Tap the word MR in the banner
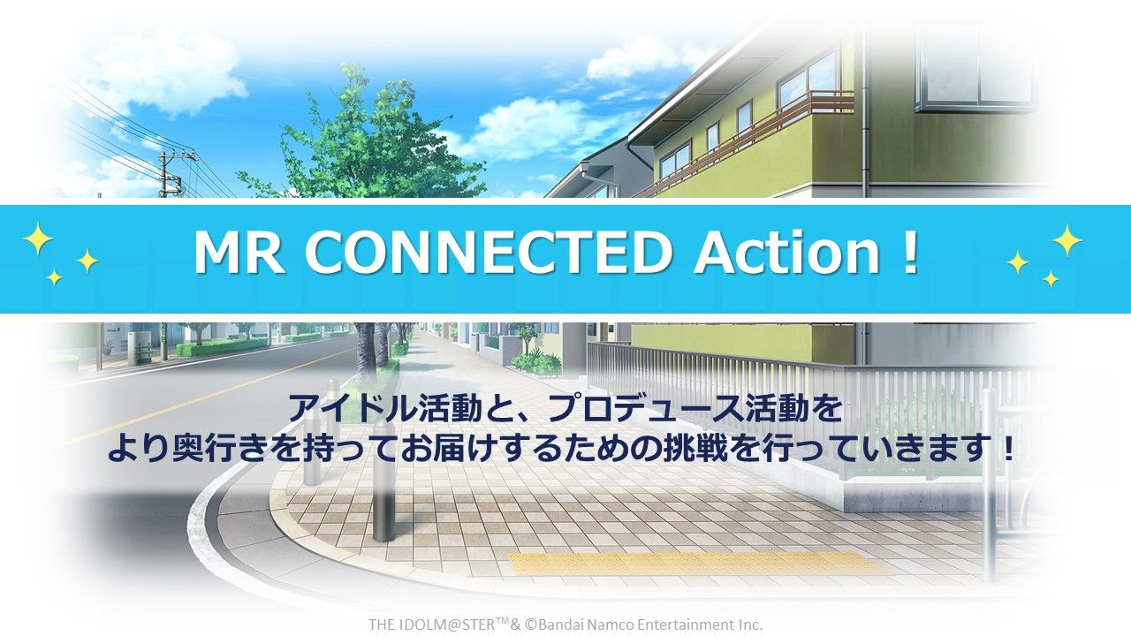[238, 253]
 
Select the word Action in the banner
[787, 253]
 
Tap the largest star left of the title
[38, 238]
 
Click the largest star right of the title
[1066, 240]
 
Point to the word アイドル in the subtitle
[353, 409]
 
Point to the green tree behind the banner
[363, 136]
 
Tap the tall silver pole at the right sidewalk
[989, 485]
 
